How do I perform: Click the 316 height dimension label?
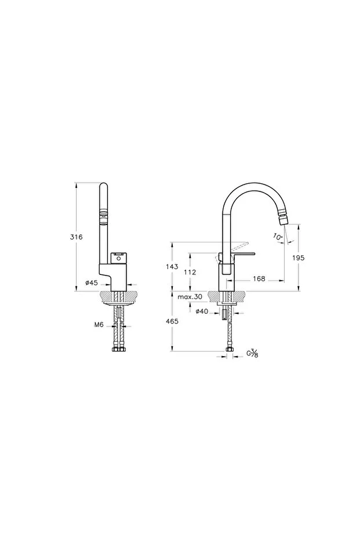[x=76, y=237]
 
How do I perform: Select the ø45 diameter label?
[x=92, y=282]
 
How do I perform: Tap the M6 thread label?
[x=99, y=324]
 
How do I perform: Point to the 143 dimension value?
[x=172, y=267]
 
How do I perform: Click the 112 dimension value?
[x=190, y=272]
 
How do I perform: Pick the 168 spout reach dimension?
[x=259, y=278]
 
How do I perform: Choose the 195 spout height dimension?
[x=298, y=258]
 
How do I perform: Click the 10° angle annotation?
[x=278, y=237]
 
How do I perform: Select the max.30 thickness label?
[x=190, y=296]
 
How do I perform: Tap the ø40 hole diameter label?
[x=202, y=311]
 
